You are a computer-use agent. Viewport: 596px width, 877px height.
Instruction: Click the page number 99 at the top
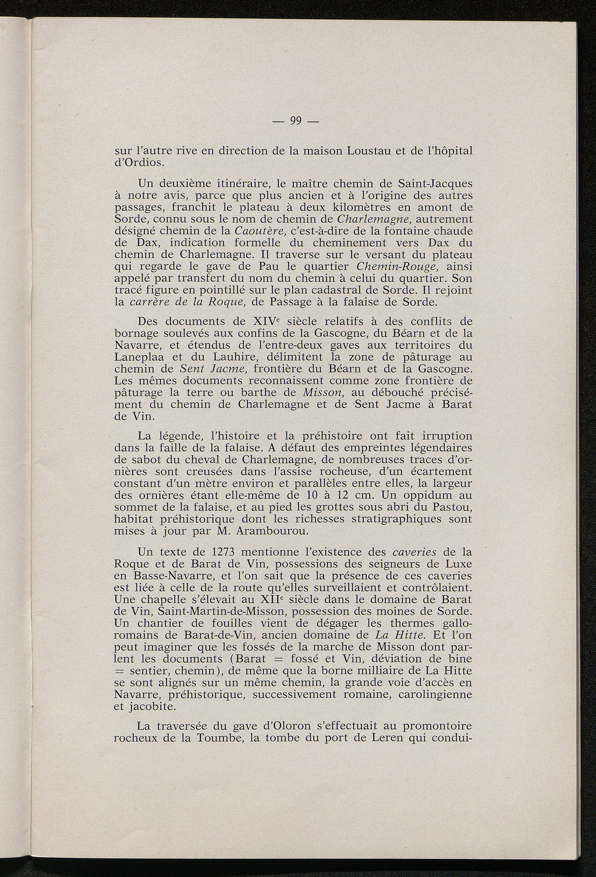point(296,122)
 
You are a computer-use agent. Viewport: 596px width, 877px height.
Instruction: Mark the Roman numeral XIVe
point(266,321)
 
